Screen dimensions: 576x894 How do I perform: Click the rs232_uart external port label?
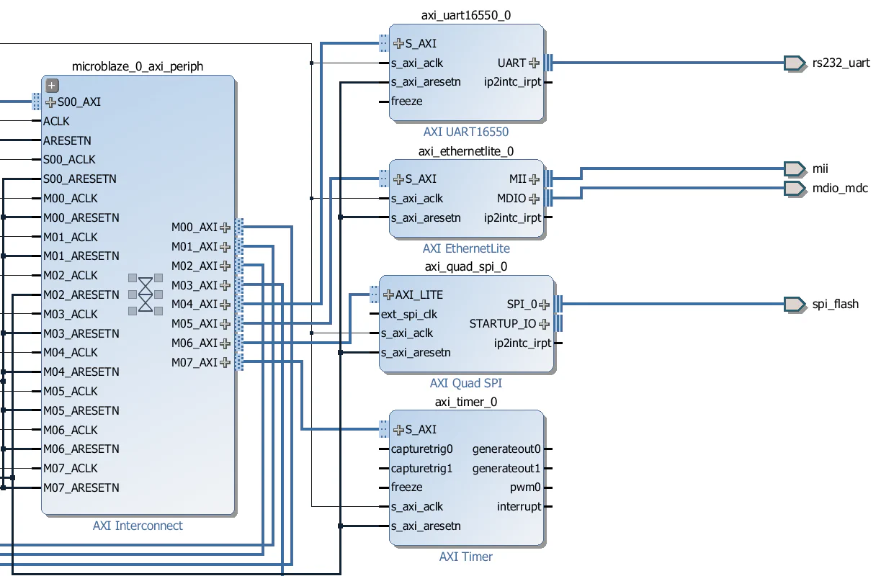pyautogui.click(x=841, y=63)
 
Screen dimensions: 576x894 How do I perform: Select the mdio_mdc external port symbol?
pyautogui.click(x=795, y=188)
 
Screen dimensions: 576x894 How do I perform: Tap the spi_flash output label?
pyautogui.click(x=835, y=304)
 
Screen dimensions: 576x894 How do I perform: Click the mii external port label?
pyautogui.click(x=820, y=168)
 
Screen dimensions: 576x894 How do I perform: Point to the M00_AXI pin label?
pyautogui.click(x=194, y=228)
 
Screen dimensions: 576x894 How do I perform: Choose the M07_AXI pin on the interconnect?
pyautogui.click(x=194, y=362)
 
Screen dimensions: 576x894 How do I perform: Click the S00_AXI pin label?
pyautogui.click(x=79, y=102)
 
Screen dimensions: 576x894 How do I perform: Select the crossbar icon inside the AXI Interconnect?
pyautogui.click(x=146, y=294)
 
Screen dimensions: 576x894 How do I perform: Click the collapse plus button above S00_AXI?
pyautogui.click(x=52, y=86)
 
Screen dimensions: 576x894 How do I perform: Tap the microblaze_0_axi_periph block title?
pyautogui.click(x=138, y=66)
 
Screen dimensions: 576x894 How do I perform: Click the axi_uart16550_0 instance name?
pyautogui.click(x=466, y=15)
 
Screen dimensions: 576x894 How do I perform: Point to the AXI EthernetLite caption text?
pyautogui.click(x=466, y=248)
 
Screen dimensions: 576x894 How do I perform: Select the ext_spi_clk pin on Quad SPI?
pyautogui.click(x=408, y=314)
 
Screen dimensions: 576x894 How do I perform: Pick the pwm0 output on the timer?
pyautogui.click(x=525, y=487)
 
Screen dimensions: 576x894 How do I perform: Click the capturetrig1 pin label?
pyautogui.click(x=421, y=468)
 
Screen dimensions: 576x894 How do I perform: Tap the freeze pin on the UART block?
pyautogui.click(x=406, y=102)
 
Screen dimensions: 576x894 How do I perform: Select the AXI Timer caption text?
pyautogui.click(x=466, y=557)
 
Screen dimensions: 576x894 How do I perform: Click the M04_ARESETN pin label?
pyautogui.click(x=81, y=372)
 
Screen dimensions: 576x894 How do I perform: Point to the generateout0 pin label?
pyautogui.click(x=506, y=449)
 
